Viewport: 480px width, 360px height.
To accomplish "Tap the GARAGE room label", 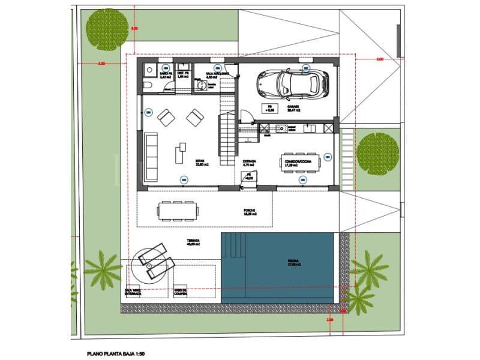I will [x=293, y=110].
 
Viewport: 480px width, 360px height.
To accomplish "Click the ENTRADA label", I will [x=250, y=161].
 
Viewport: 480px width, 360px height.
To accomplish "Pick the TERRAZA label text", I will [x=192, y=241].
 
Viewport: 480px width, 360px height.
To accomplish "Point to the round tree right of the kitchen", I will [x=377, y=152].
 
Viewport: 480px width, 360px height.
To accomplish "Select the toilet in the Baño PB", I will [x=148, y=87].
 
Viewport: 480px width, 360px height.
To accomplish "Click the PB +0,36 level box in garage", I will [x=270, y=108].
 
